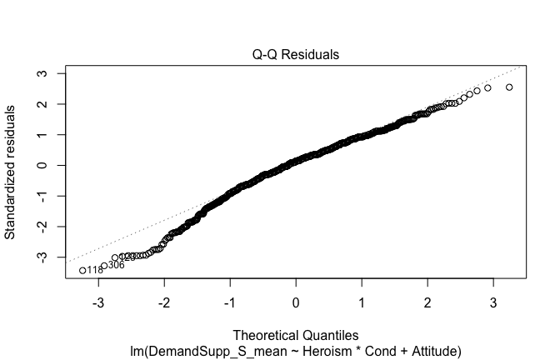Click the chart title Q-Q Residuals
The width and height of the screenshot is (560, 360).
tap(296, 54)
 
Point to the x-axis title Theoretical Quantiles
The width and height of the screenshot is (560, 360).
tap(296, 334)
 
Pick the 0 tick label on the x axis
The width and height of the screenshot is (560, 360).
tap(296, 301)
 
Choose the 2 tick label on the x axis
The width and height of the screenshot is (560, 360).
tap(427, 301)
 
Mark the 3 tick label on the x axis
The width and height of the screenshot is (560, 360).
tap(493, 301)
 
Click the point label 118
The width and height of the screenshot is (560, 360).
tap(95, 271)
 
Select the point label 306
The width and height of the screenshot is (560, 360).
tap(116, 266)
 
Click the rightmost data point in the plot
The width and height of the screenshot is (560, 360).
tap(509, 87)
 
